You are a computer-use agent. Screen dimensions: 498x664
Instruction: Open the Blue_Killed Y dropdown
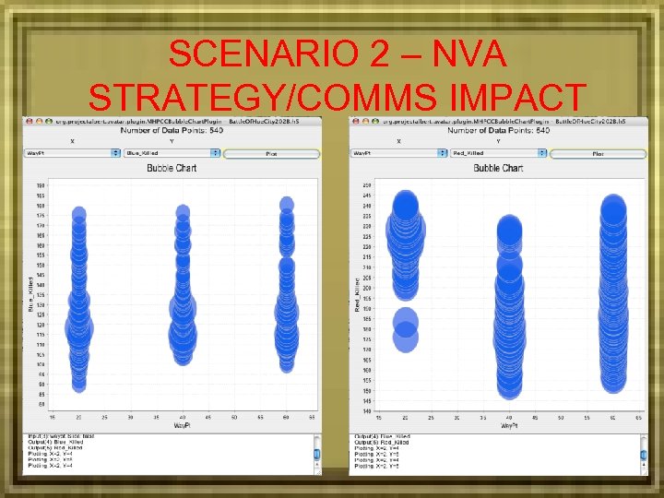pyautogui.click(x=172, y=153)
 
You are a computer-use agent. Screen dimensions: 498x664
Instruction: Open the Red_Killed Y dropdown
pyautogui.click(x=499, y=153)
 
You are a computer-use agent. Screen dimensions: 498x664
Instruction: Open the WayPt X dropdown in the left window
pyautogui.click(x=72, y=153)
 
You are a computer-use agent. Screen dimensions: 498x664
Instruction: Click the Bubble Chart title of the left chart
pyautogui.click(x=172, y=169)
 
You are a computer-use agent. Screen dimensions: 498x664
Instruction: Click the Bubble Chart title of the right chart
pyautogui.click(x=499, y=169)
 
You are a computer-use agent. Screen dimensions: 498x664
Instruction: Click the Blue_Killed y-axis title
pyautogui.click(x=30, y=293)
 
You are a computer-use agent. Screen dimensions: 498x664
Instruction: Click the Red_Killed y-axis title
pyautogui.click(x=358, y=293)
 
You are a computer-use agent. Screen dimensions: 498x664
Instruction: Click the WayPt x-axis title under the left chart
pyautogui.click(x=182, y=425)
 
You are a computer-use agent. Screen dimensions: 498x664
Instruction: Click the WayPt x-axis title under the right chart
pyautogui.click(x=508, y=425)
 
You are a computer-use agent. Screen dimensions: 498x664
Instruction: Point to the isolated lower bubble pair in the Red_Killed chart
pyautogui.click(x=406, y=330)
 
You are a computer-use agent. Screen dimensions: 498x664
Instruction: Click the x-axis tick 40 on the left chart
pyautogui.click(x=183, y=417)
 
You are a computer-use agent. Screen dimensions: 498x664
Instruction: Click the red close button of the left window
pyautogui.click(x=29, y=122)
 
